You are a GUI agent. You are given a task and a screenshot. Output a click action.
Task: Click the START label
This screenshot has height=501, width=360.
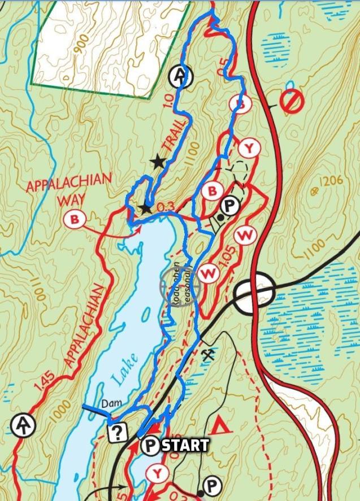click(x=185, y=445)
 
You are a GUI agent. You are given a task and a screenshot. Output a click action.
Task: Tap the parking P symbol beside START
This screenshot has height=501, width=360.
click(x=150, y=446)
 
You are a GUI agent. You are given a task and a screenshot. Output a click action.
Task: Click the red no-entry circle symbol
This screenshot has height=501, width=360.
click(x=293, y=102)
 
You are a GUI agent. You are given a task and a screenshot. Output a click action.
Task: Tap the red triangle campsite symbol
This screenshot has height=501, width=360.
click(x=224, y=425)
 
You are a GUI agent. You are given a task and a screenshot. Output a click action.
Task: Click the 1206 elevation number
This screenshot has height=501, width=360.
click(x=331, y=182)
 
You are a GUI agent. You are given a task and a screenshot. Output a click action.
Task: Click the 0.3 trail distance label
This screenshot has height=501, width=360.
click(x=165, y=208)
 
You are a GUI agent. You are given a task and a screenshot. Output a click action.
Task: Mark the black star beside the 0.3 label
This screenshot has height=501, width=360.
click(x=146, y=208)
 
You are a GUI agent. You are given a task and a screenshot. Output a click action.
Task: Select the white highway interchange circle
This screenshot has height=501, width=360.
click(x=255, y=291)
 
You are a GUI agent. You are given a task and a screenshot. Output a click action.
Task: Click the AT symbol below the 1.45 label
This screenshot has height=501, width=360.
click(x=23, y=424)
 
